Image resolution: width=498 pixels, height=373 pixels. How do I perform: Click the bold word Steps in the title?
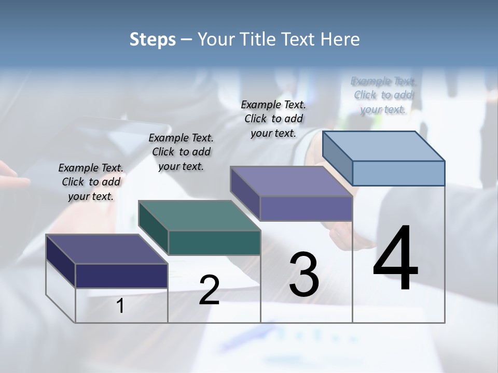click(153, 39)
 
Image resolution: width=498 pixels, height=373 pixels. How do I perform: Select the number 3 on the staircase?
click(304, 275)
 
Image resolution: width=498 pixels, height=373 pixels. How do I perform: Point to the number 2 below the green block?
click(209, 290)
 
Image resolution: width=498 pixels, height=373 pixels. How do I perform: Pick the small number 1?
click(120, 306)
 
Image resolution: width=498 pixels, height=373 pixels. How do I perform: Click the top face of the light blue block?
click(383, 146)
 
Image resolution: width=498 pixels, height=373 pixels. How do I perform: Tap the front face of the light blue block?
click(398, 173)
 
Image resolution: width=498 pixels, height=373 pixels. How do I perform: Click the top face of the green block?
click(199, 215)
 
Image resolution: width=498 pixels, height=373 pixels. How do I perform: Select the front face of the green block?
click(214, 242)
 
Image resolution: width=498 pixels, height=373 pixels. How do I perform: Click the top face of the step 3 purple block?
click(291, 181)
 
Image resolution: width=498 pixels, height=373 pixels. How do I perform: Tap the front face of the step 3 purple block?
click(306, 208)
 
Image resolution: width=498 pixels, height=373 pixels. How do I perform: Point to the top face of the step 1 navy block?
click(106, 249)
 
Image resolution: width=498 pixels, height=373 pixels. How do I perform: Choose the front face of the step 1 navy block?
click(121, 276)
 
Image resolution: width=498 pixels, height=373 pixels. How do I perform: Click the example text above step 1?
click(91, 182)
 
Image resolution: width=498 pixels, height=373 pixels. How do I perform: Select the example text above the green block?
click(181, 152)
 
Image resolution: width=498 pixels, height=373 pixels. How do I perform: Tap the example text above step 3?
click(273, 119)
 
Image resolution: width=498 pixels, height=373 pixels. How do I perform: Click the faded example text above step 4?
click(384, 95)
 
